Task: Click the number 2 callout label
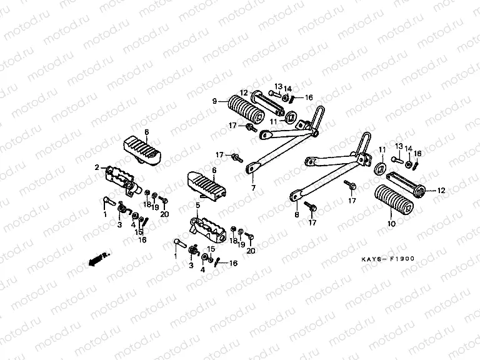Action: click(x=97, y=167)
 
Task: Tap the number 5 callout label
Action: click(x=197, y=204)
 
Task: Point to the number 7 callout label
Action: click(x=254, y=187)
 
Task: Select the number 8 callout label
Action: click(x=296, y=214)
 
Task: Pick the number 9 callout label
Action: click(x=214, y=101)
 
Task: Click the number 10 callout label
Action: click(x=392, y=223)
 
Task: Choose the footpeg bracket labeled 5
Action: click(x=209, y=229)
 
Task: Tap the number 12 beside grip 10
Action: click(x=441, y=190)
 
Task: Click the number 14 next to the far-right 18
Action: click(x=408, y=149)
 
